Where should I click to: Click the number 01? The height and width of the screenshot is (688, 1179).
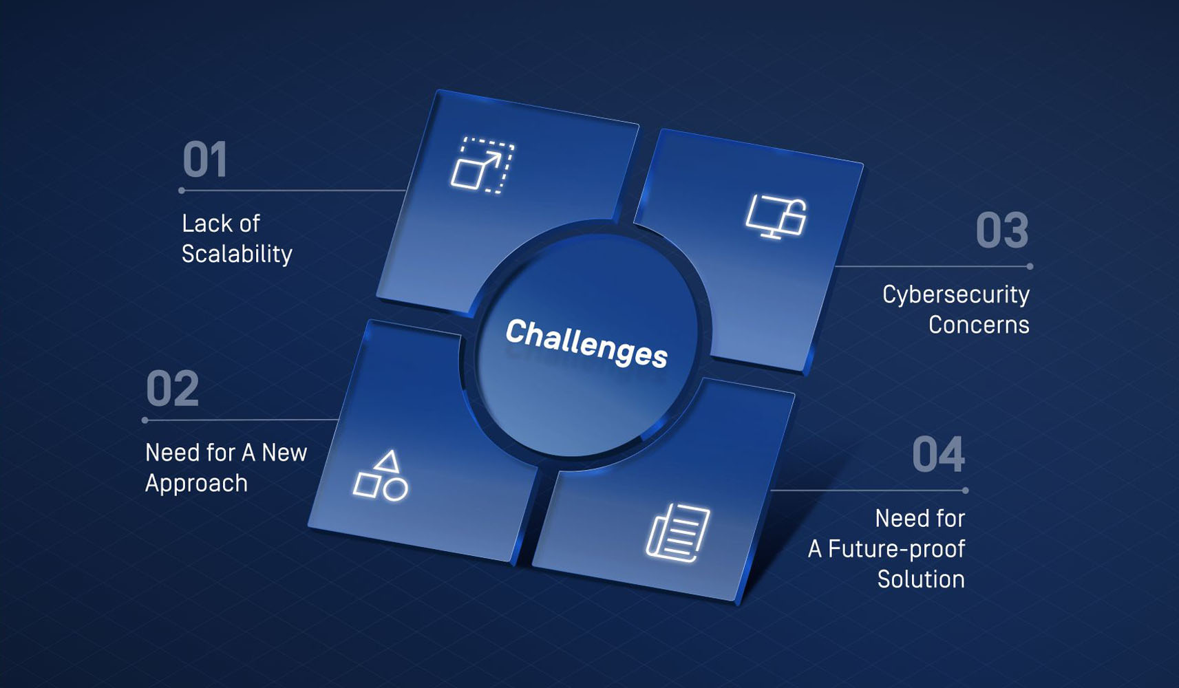click(204, 159)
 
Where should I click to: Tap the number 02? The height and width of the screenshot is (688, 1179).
click(173, 388)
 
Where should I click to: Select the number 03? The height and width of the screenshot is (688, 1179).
click(1002, 230)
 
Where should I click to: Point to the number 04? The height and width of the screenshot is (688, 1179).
click(939, 455)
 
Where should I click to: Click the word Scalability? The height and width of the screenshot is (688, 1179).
click(237, 255)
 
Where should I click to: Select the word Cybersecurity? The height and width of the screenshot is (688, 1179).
click(956, 295)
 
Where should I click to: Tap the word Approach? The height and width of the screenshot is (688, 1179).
click(196, 484)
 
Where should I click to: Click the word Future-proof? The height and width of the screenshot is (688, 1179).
click(896, 548)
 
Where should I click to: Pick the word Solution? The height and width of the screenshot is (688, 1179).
click(921, 579)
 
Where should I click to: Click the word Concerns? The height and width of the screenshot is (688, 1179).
click(979, 325)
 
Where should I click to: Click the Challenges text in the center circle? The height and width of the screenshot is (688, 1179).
click(586, 343)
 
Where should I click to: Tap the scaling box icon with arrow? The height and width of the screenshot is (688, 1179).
click(482, 165)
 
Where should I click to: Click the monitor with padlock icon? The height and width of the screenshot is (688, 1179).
click(776, 216)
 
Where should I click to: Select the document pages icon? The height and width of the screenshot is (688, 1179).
click(678, 533)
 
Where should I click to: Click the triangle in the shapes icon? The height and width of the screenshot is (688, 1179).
click(388, 461)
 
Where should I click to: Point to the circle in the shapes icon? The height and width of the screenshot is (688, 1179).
click(395, 490)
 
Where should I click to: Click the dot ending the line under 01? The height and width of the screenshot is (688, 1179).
click(182, 191)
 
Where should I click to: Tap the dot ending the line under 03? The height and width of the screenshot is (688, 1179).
click(1030, 267)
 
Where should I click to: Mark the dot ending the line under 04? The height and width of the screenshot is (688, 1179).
click(966, 491)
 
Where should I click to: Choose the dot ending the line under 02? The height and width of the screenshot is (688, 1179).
click(145, 420)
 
